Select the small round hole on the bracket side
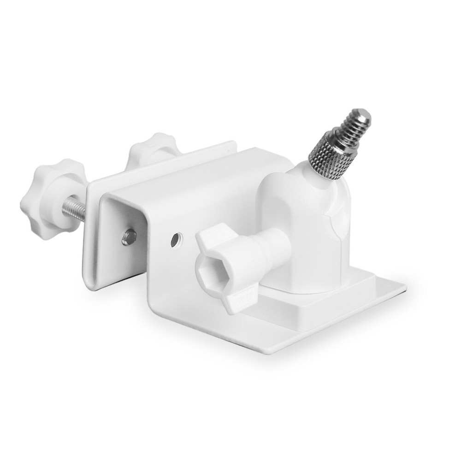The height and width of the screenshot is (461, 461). pos(176,240)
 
